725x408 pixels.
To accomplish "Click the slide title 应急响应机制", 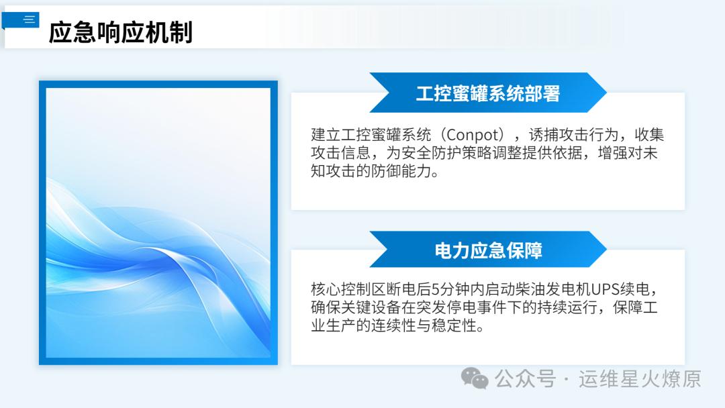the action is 121,32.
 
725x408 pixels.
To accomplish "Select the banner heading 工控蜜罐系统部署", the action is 488,93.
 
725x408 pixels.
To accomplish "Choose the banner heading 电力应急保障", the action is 488,250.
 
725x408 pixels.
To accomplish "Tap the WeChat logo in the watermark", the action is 475,378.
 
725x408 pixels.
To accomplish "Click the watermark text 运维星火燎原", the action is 640,379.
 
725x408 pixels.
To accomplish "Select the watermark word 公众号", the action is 525,379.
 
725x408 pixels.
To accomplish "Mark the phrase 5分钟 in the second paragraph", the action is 450,289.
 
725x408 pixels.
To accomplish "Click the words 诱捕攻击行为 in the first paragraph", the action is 573,134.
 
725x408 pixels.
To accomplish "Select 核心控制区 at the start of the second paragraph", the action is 348,289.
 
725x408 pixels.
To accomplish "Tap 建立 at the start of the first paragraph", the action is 326,134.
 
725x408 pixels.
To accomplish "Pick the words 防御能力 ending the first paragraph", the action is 401,171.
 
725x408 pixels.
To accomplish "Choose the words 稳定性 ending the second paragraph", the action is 454,325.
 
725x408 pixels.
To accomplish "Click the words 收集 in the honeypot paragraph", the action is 649,134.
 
